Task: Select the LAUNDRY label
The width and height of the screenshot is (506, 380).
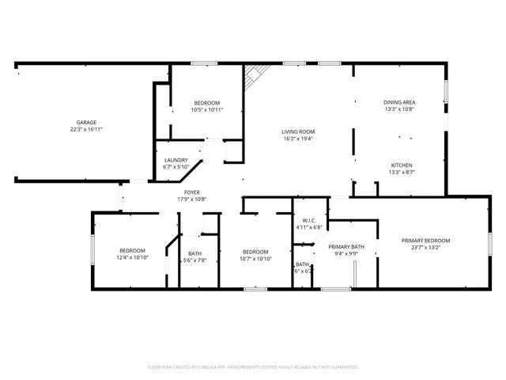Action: [x=176, y=160]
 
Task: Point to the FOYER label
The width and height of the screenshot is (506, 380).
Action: [x=192, y=192]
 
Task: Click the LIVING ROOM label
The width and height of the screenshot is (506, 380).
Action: [x=298, y=131]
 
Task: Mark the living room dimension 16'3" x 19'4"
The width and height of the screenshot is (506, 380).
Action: [x=298, y=139]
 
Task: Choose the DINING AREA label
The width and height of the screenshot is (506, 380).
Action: [x=399, y=102]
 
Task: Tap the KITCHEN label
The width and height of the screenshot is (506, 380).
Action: [x=401, y=165]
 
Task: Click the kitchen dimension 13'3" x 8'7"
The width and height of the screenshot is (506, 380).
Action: [x=401, y=172]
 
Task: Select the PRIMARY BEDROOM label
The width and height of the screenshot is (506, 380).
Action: [x=425, y=241]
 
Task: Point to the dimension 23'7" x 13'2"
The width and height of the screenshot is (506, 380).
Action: [x=425, y=248]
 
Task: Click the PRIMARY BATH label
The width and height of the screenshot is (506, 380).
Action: [x=346, y=247]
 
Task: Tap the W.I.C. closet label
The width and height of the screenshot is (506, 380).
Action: [x=308, y=220]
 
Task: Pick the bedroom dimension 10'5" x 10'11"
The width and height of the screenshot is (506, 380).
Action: [x=207, y=110]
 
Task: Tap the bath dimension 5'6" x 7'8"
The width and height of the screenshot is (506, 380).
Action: [x=194, y=260]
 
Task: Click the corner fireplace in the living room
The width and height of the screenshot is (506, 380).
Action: [x=255, y=76]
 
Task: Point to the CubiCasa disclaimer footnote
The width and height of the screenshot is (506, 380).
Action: [x=253, y=367]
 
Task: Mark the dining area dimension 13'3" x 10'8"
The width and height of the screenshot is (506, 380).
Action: [x=399, y=109]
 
